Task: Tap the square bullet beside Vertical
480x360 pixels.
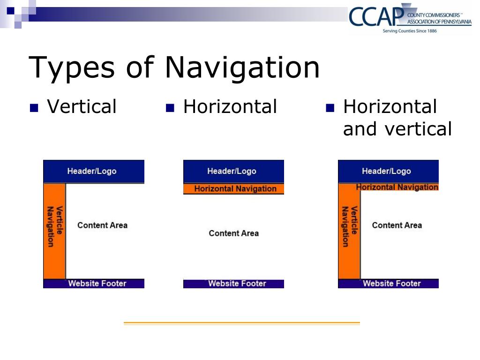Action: pos(33,108)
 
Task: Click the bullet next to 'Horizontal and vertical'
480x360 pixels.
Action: pos(330,108)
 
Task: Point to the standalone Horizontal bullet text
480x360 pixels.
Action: pos(230,107)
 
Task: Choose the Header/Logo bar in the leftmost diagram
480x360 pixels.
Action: pos(93,171)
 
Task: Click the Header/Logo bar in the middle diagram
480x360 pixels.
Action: pos(233,171)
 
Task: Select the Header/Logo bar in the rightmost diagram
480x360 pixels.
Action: pos(388,171)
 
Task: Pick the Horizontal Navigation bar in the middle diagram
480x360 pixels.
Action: pos(233,189)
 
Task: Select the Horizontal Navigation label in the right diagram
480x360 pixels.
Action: pos(397,187)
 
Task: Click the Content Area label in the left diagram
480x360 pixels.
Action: pos(102,225)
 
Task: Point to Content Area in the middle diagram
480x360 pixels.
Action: pos(233,233)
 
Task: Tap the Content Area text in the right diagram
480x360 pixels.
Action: pos(397,225)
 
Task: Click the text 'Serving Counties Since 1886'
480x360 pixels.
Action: pos(410,31)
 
